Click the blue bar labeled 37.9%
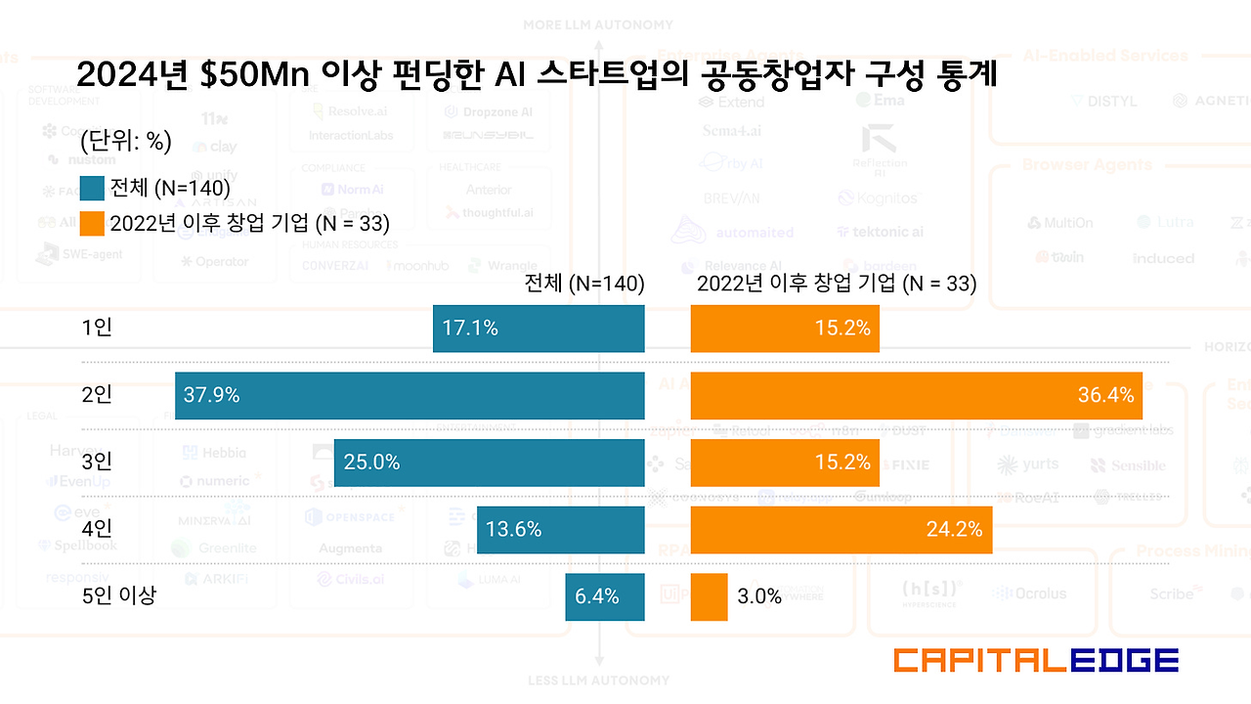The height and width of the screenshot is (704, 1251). tap(410, 395)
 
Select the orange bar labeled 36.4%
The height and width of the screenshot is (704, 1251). tap(916, 395)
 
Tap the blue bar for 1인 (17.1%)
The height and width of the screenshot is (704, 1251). tap(539, 329)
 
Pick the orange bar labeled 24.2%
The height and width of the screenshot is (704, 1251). tap(841, 530)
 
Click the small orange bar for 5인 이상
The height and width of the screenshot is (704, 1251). tap(709, 596)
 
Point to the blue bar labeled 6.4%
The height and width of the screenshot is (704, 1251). tap(604, 596)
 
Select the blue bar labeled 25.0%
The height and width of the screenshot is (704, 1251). tap(489, 462)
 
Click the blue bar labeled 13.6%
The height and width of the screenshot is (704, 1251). tap(560, 530)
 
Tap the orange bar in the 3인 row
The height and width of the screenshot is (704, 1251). tap(785, 462)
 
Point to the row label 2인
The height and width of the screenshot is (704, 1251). tap(97, 395)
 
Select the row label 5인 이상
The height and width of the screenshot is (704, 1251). tap(118, 594)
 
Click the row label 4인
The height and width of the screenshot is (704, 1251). tap(97, 529)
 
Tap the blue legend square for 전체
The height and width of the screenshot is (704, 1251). tap(92, 188)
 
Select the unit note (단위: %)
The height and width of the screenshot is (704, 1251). tap(125, 142)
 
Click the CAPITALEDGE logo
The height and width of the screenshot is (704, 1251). tap(1036, 660)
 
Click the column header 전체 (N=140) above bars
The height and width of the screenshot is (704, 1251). tap(584, 284)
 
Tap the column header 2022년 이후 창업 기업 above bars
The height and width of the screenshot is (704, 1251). tap(837, 284)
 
